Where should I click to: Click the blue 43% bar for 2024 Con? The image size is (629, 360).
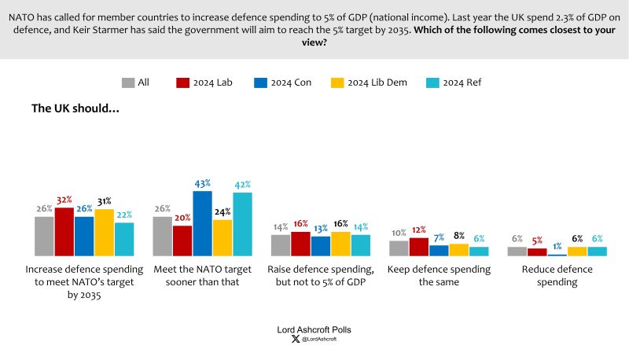pyautogui.click(x=202, y=223)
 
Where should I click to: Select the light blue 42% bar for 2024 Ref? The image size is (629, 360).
pyautogui.click(x=242, y=224)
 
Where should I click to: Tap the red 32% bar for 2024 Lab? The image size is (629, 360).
pyautogui.click(x=64, y=232)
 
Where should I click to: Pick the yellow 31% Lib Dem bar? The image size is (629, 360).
pyautogui.click(x=105, y=233)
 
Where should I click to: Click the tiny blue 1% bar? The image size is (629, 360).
pyautogui.click(x=557, y=255)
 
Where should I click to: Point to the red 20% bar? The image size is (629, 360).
pyautogui.click(x=182, y=241)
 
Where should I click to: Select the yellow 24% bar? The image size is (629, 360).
pyautogui.click(x=223, y=237)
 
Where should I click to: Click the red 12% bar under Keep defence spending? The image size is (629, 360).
pyautogui.click(x=419, y=247)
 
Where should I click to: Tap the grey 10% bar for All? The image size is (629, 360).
pyautogui.click(x=399, y=248)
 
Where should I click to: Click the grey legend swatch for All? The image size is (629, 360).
pyautogui.click(x=128, y=83)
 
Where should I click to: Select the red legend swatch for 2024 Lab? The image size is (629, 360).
pyautogui.click(x=182, y=83)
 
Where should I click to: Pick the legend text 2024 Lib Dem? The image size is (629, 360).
pyautogui.click(x=377, y=83)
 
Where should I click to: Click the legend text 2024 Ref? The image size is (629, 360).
pyautogui.click(x=462, y=83)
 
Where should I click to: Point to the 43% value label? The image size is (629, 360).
pyautogui.click(x=203, y=184)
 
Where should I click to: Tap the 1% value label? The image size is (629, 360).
pyautogui.click(x=557, y=247)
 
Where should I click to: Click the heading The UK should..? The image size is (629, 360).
pyautogui.click(x=75, y=108)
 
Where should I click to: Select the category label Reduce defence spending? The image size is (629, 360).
pyautogui.click(x=557, y=275)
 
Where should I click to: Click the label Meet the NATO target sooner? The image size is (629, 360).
pyautogui.click(x=203, y=275)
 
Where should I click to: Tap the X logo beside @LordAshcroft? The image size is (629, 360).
pyautogui.click(x=296, y=339)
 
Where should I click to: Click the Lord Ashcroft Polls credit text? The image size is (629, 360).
pyautogui.click(x=314, y=329)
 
